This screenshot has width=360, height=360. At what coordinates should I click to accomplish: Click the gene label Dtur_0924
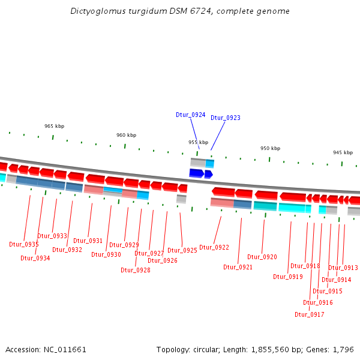190,115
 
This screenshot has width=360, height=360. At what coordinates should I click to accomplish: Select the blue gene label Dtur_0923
225,118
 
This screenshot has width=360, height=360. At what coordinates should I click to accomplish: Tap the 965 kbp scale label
54,127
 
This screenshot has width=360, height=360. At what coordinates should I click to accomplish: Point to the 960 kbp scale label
126,136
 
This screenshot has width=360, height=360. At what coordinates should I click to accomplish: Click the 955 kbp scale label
198,143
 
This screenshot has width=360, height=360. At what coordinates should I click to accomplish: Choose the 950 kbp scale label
270,148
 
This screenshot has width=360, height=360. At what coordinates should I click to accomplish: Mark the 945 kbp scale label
343,153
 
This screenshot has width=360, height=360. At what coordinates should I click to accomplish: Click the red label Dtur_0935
24,245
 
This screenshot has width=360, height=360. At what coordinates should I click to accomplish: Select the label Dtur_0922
214,247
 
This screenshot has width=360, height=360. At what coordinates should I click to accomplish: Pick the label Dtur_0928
135,270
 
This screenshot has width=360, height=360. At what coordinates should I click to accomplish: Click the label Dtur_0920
262,257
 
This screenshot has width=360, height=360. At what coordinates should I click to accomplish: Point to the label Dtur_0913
343,268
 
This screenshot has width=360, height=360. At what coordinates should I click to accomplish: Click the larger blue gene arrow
196,173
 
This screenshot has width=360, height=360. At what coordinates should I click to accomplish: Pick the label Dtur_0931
88,241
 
